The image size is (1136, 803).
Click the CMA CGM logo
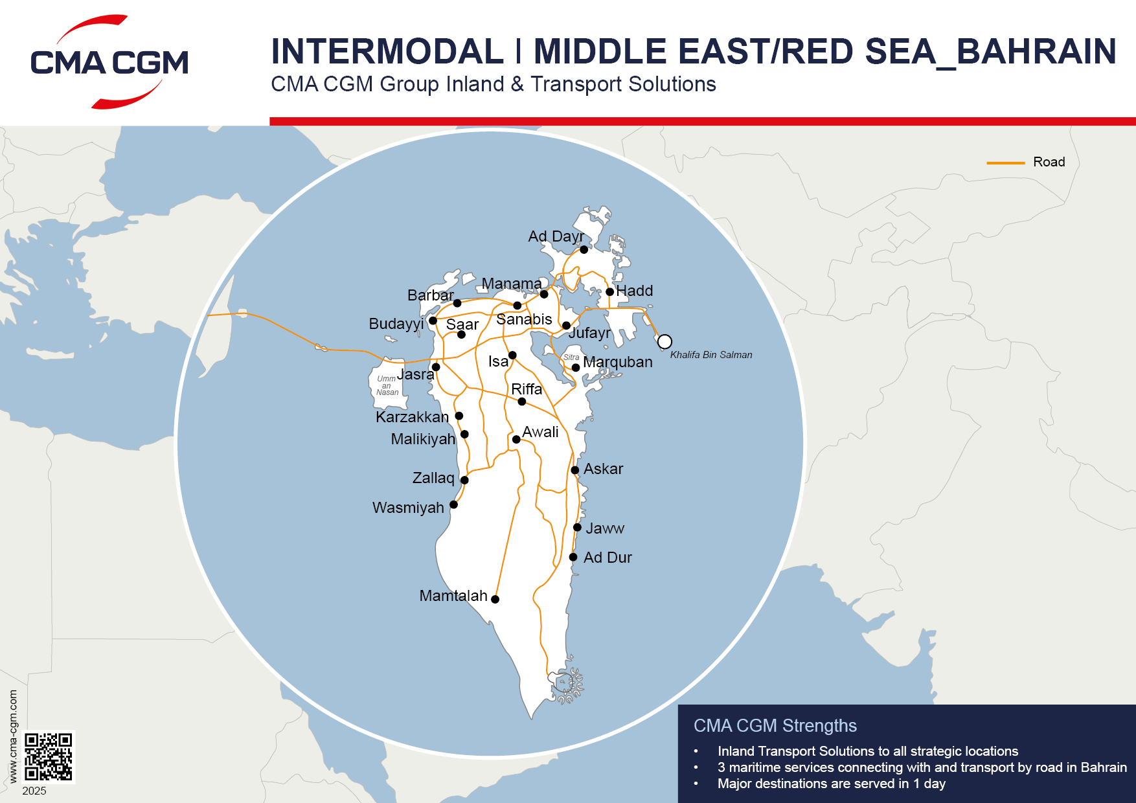pyautogui.click(x=109, y=62)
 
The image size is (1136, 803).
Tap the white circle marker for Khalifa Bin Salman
pyautogui.click(x=665, y=342)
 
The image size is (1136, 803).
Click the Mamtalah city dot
pyautogui.click(x=495, y=599)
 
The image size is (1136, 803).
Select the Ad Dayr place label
pyautogui.click(x=556, y=236)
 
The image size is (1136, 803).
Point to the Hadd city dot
pyautogui.click(x=609, y=292)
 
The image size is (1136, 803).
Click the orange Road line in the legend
pyautogui.click(x=1005, y=163)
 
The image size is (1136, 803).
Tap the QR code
pyautogui.click(x=49, y=756)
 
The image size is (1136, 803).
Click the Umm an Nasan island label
pyautogui.click(x=387, y=385)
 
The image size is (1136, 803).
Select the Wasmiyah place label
pyautogui.click(x=408, y=508)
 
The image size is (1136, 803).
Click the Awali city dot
pyautogui.click(x=516, y=439)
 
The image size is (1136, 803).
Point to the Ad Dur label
pyautogui.click(x=608, y=558)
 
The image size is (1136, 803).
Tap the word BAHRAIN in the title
pyautogui.click(x=1036, y=52)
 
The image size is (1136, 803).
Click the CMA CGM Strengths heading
pyautogui.click(x=775, y=725)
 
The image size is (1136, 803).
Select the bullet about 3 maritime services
pyautogui.click(x=922, y=767)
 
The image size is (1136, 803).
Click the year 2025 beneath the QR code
pyautogui.click(x=34, y=791)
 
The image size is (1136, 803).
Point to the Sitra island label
pyautogui.click(x=571, y=357)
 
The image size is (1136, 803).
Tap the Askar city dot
pyautogui.click(x=575, y=470)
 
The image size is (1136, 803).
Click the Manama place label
pyautogui.click(x=512, y=284)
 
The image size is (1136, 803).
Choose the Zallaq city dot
pyautogui.click(x=464, y=480)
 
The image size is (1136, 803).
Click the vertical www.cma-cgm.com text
pyautogui.click(x=14, y=736)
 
